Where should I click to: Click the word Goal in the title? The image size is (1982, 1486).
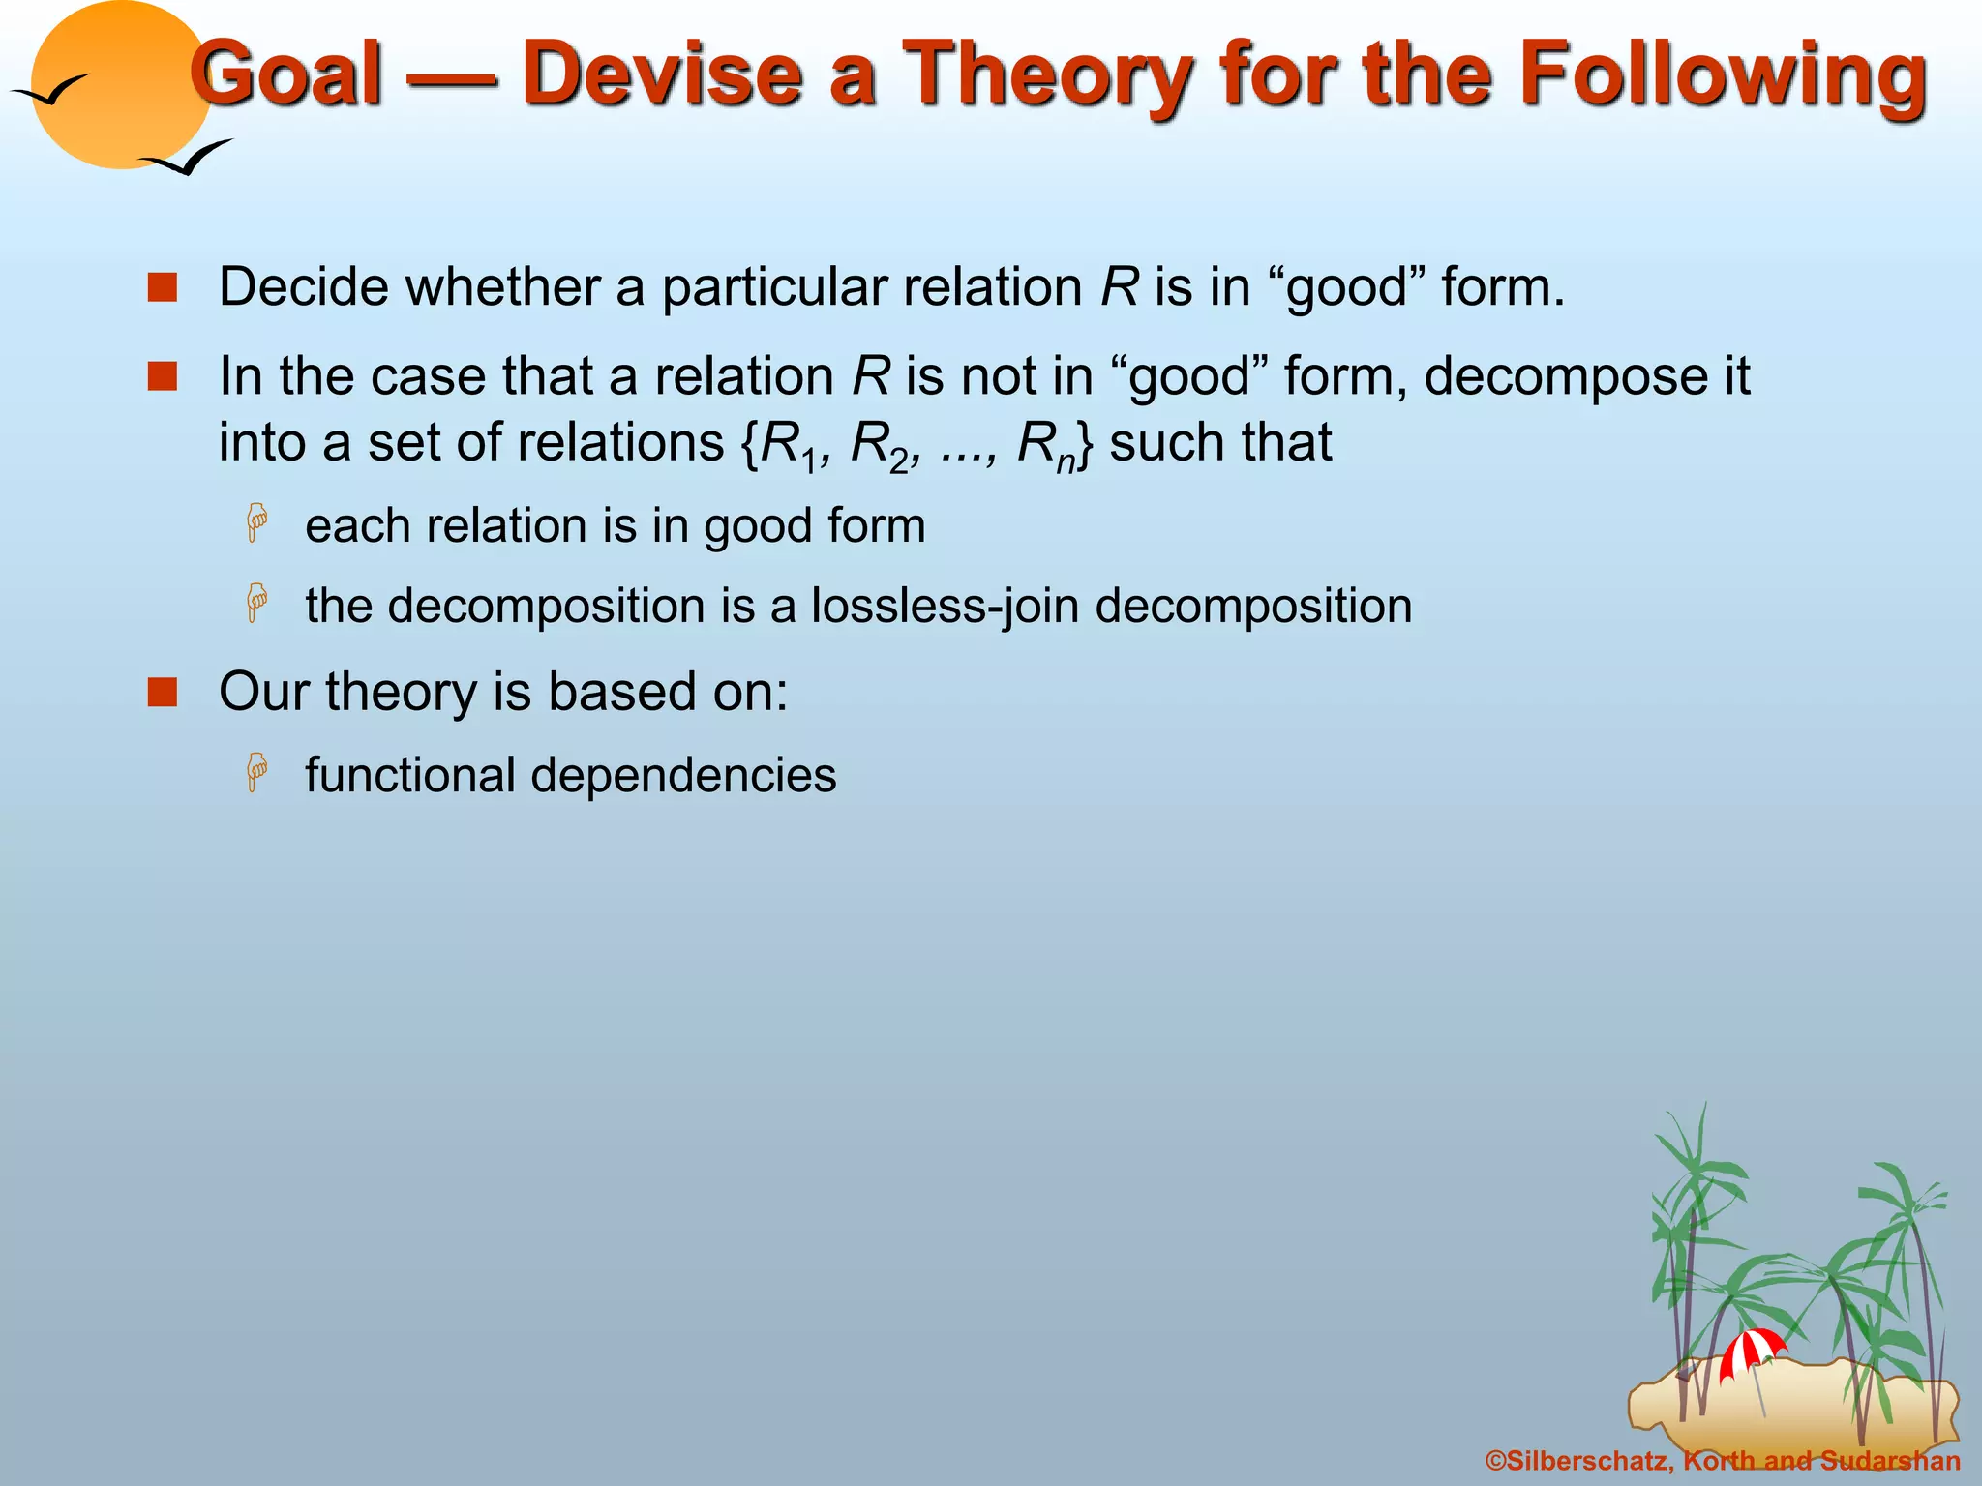287,74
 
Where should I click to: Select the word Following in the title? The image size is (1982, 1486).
1723,74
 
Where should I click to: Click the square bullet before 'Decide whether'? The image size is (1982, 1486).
163,287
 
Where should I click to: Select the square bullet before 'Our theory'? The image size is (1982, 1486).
163,692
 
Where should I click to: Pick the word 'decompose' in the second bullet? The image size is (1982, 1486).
1558,375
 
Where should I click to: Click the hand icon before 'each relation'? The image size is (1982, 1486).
257,523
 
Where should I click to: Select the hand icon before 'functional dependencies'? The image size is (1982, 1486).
257,773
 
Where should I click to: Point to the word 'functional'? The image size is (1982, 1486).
410,775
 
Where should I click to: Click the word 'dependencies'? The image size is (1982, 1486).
682,775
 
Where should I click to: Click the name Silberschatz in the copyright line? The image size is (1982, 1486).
1587,1461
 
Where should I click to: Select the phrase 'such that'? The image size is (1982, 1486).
1220,443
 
